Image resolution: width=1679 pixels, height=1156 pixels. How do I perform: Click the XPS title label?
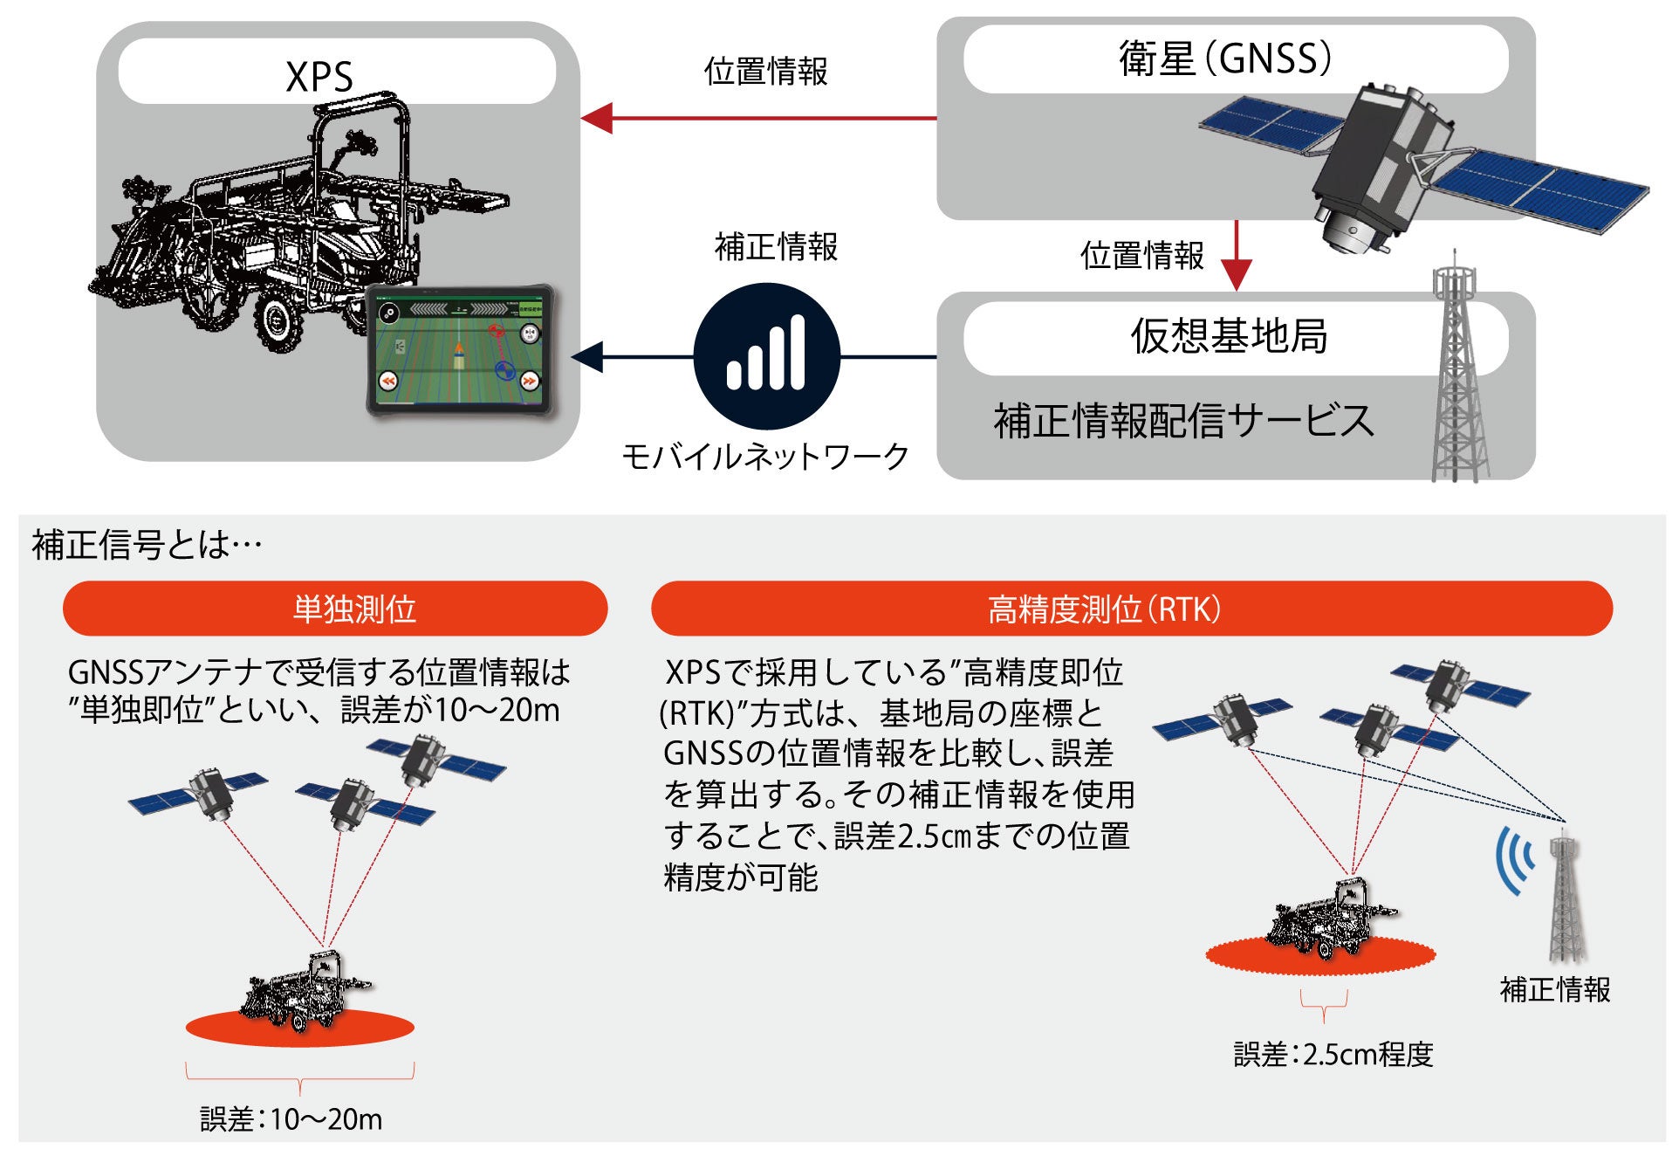(319, 76)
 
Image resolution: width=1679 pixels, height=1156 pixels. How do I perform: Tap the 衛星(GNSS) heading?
(1225, 59)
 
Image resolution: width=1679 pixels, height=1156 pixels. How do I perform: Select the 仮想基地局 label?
(1229, 336)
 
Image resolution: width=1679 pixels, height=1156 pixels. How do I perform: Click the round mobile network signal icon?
(766, 356)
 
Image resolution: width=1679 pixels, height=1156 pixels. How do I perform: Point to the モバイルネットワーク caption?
(765, 457)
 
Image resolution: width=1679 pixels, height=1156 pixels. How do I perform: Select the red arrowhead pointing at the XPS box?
(597, 118)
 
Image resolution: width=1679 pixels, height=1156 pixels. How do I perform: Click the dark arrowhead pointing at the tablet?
(588, 356)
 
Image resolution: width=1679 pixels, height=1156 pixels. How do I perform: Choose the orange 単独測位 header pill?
(335, 609)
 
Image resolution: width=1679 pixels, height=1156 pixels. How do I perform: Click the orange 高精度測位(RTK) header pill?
(1131, 609)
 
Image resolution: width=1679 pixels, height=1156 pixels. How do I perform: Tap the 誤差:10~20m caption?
(291, 1119)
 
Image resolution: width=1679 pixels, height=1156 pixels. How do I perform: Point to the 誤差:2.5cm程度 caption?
(1333, 1055)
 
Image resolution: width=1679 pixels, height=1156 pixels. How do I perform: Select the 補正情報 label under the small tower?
(1554, 990)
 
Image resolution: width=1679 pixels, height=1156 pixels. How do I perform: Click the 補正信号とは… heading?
(147, 546)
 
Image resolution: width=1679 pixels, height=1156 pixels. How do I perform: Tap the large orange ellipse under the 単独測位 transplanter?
(299, 1029)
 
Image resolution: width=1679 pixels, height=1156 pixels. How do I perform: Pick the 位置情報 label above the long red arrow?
(765, 72)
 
